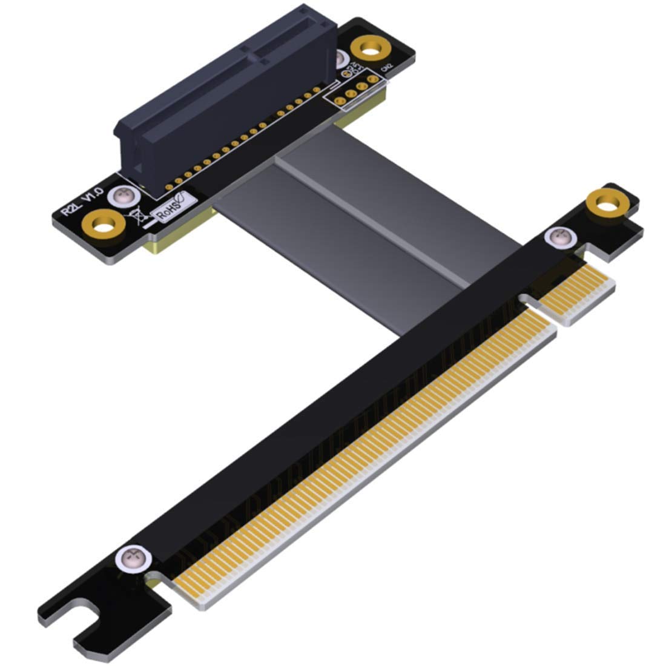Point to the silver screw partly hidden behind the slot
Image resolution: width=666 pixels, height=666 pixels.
point(340,59)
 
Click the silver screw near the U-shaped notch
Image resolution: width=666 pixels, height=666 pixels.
point(133,558)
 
